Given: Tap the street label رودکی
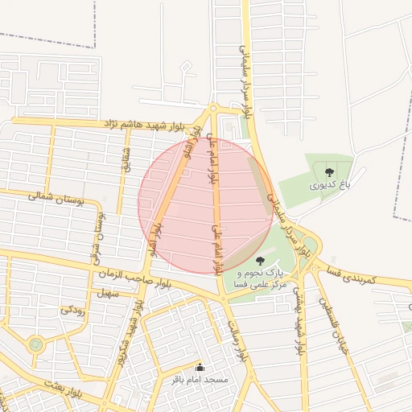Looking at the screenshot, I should (x=73, y=309).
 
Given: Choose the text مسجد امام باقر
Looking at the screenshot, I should (x=200, y=378).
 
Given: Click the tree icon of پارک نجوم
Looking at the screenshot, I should (x=259, y=261).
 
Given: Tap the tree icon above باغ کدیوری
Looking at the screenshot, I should (x=329, y=171).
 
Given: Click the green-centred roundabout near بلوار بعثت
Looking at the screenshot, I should (x=35, y=344).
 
